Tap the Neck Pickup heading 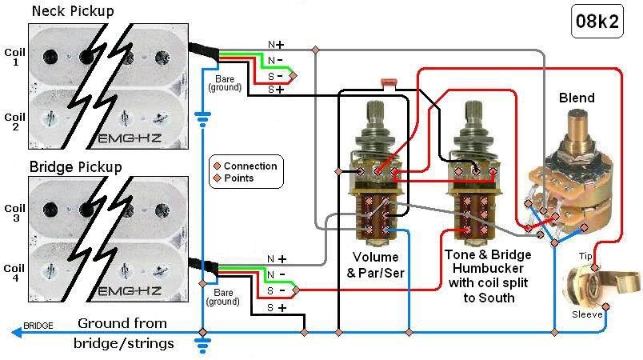click(x=72, y=11)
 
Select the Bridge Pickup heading click(x=75, y=167)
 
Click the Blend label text click(x=577, y=98)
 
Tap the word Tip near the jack click(x=586, y=256)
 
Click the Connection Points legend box click(x=245, y=172)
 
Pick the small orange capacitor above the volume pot click(x=389, y=83)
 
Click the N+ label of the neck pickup click(x=276, y=44)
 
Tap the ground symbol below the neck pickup click(x=202, y=120)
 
